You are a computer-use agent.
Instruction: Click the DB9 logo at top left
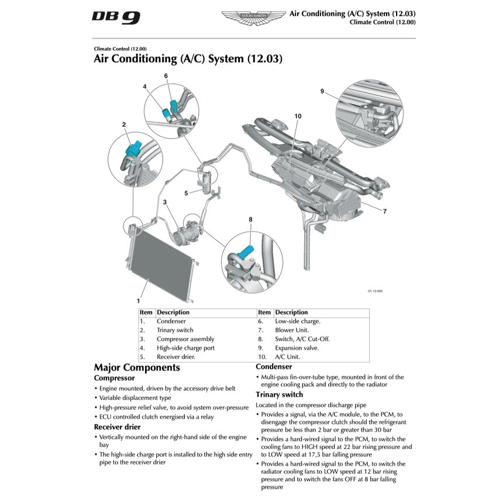(116, 17)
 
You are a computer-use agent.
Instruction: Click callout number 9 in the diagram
(322, 91)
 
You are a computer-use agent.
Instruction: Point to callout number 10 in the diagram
(298, 116)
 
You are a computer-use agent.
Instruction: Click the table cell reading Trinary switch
(175, 330)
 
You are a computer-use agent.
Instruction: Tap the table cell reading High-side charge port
(185, 347)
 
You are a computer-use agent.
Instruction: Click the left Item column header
(146, 312)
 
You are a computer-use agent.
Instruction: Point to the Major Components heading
(137, 367)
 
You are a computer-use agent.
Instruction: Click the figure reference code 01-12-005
(375, 291)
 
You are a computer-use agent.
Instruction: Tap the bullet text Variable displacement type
(135, 397)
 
